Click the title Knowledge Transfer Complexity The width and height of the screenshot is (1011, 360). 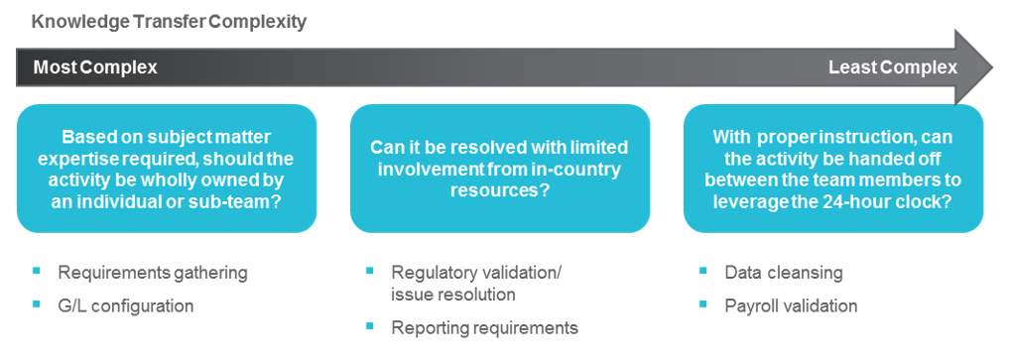click(169, 22)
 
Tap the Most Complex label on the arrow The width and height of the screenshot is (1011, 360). click(95, 67)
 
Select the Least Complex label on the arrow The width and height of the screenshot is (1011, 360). click(893, 67)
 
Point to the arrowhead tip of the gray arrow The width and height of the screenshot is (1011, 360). click(993, 66)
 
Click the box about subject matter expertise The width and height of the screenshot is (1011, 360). click(167, 168)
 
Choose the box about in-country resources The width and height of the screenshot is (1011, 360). click(500, 168)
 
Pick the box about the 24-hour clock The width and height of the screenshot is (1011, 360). click(833, 168)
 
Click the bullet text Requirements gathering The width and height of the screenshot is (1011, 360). click(153, 273)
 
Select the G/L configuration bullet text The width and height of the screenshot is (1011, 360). click(126, 305)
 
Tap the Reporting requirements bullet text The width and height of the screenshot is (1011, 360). click(485, 327)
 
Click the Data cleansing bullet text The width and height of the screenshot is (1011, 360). click(784, 273)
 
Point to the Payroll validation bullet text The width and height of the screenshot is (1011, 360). click(791, 305)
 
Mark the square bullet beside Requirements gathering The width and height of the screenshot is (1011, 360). click(37, 271)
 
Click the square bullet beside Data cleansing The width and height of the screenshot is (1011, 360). click(702, 271)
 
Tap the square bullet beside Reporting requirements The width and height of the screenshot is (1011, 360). click(369, 326)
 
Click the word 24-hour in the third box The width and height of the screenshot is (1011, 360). click(855, 200)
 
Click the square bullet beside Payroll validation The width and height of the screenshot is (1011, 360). click(702, 303)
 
